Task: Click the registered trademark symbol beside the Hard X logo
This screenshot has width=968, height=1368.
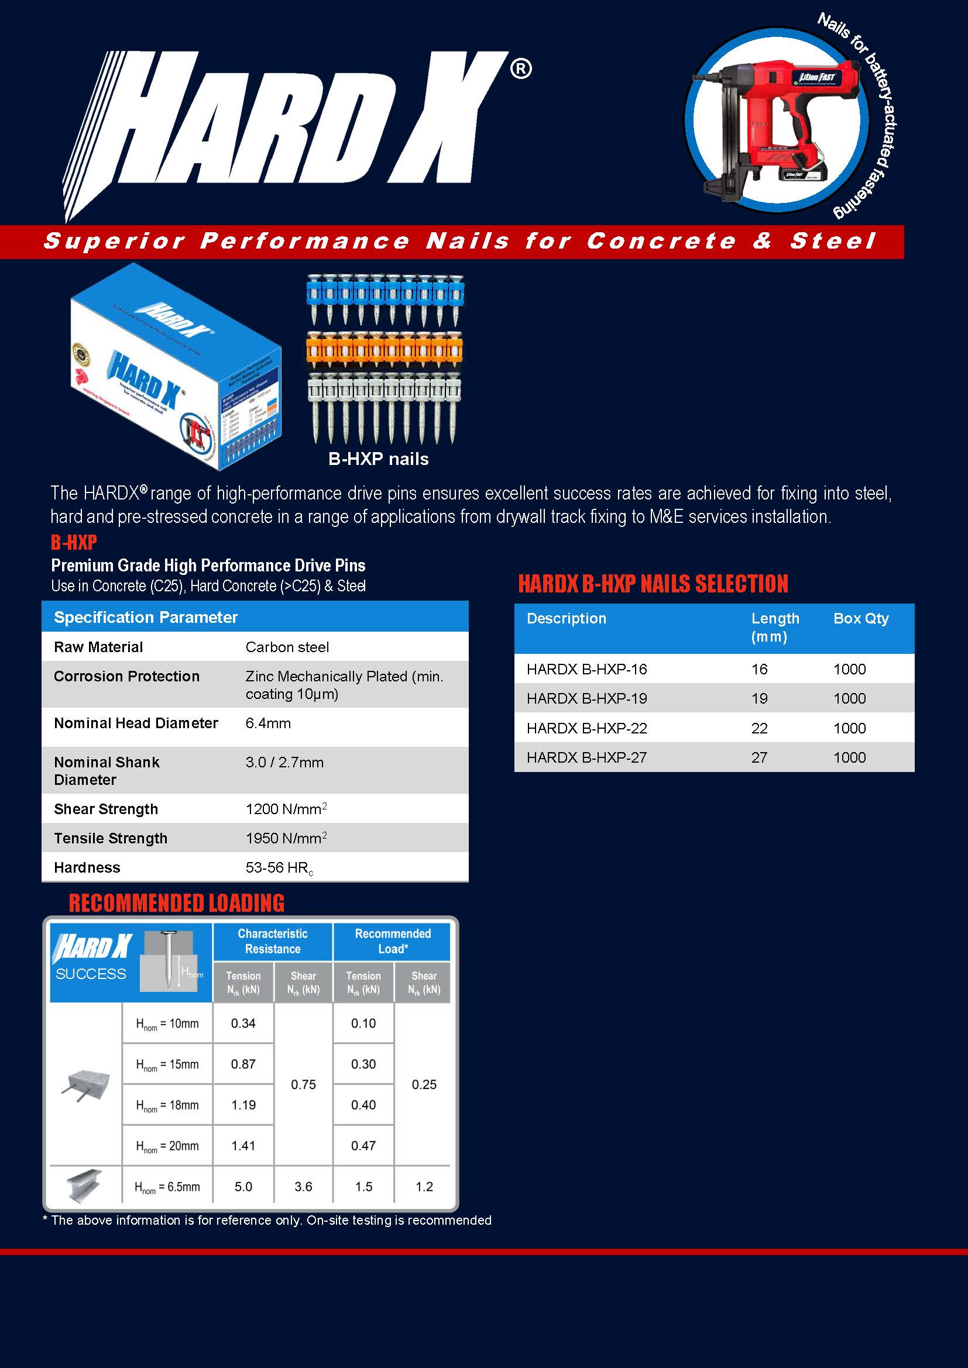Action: click(x=520, y=70)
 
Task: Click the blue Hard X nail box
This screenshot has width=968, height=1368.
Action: click(x=176, y=367)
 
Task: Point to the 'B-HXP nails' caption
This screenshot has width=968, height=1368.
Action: click(x=379, y=459)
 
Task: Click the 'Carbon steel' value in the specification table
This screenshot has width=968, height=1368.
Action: click(x=287, y=647)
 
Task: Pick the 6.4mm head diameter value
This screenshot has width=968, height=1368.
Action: click(x=268, y=723)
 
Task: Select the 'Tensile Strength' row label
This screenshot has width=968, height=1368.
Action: click(x=111, y=838)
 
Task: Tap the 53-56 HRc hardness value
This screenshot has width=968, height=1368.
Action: click(x=279, y=868)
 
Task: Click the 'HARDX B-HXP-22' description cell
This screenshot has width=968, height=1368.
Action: click(x=586, y=728)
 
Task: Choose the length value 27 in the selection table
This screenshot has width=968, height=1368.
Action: click(x=760, y=757)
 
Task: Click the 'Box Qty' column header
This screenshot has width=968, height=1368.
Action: click(x=861, y=618)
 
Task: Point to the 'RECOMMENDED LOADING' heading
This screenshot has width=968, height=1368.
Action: click(x=176, y=902)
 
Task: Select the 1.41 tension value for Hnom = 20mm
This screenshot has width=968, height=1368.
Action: click(x=243, y=1146)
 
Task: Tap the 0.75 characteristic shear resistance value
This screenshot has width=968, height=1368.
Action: click(x=303, y=1084)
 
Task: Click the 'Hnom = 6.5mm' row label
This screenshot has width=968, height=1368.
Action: click(x=167, y=1187)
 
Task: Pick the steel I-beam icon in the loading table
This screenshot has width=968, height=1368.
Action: click(x=84, y=1185)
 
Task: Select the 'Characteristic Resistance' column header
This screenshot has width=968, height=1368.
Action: click(x=272, y=941)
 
